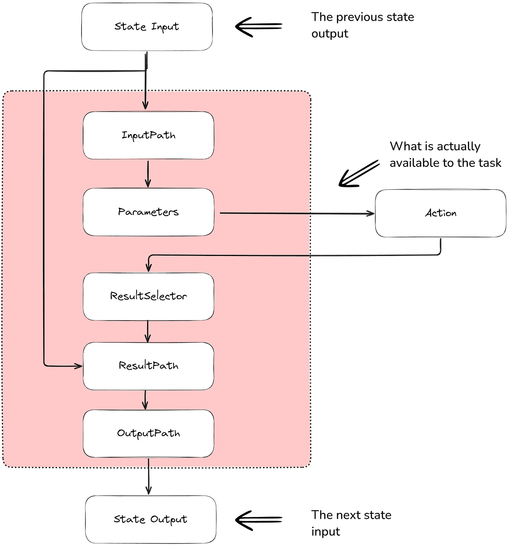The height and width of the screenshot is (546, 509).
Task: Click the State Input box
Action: pos(146,27)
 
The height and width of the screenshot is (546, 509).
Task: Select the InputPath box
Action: pos(148,135)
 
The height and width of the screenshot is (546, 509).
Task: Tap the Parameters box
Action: pos(148,212)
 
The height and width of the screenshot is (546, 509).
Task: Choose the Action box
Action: pos(441,213)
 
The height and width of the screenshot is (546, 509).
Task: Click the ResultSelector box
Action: pos(148,296)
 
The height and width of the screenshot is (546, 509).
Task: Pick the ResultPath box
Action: pos(148,366)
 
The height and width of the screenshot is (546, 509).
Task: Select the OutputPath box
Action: pos(148,433)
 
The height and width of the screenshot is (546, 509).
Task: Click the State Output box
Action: pos(151,519)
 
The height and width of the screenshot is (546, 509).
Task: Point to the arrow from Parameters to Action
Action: pos(297,213)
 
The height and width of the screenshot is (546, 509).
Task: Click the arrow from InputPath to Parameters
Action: pos(148,173)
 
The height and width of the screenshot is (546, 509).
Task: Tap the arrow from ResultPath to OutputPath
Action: pos(145,400)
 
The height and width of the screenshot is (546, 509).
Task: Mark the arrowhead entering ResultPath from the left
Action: pos(79,366)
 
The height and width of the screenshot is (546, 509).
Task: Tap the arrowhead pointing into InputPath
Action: pos(145,105)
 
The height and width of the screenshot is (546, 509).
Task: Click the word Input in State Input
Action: pos(165,27)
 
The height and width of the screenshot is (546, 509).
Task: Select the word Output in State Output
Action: pos(169,519)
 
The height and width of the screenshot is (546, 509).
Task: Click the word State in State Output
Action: pos(129,519)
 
